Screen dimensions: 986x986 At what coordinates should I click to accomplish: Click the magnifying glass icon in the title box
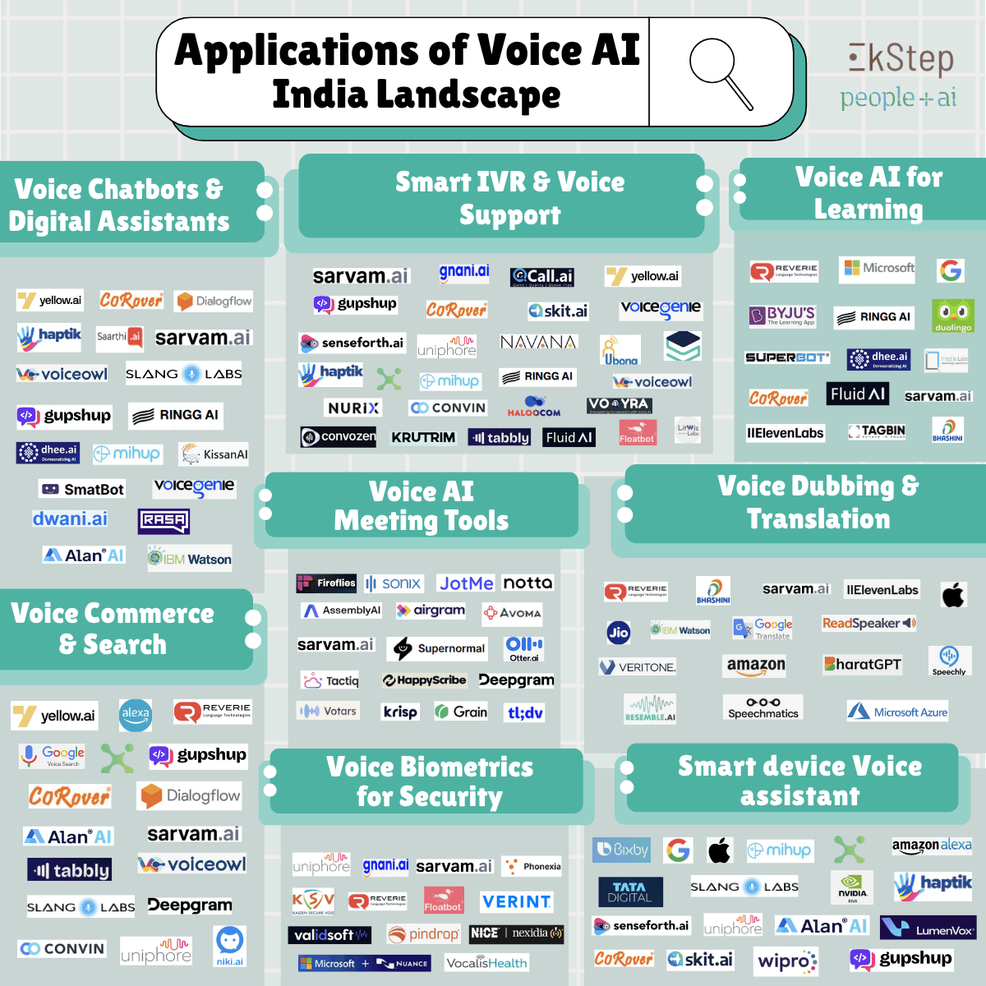point(721,72)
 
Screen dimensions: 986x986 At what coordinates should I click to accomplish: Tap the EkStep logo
point(901,59)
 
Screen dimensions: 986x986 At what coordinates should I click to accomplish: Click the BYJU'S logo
point(781,316)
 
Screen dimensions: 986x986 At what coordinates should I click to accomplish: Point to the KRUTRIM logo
point(423,437)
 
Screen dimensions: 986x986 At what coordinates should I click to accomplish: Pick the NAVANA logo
point(538,342)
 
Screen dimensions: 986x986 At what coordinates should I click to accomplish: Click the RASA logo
point(164,521)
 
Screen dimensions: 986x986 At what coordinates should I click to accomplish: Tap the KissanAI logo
point(214,454)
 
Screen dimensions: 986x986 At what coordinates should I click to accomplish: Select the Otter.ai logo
point(524,648)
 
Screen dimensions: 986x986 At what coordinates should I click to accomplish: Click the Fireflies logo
point(326,583)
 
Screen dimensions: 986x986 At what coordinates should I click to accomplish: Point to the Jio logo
point(618,632)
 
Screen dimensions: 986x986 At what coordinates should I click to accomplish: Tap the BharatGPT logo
point(863,664)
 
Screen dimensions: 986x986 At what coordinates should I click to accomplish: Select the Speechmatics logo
point(763,707)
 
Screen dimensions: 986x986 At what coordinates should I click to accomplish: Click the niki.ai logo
point(230,946)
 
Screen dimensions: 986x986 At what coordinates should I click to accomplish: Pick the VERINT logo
point(516,901)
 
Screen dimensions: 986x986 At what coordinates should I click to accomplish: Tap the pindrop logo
point(423,934)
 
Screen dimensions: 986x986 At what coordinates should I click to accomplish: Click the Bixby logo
point(622,850)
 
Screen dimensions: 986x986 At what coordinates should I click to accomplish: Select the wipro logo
point(787,961)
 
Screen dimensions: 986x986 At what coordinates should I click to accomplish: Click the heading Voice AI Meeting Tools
point(422,506)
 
